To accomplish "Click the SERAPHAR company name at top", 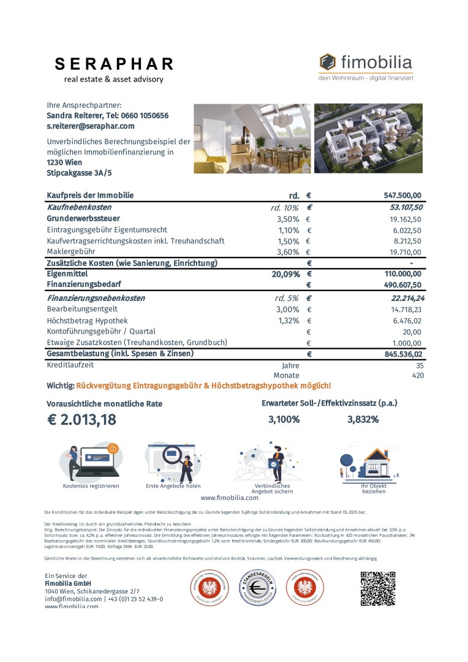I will [114, 64].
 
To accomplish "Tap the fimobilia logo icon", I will [328, 62].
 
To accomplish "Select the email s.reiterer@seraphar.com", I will [90, 126].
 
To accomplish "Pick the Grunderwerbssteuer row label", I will [83, 218].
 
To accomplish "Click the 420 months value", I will [418, 375].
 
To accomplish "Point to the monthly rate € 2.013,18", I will [81, 420].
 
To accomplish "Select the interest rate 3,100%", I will [284, 420].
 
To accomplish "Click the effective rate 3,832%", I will [363, 420].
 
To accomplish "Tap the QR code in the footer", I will [377, 588].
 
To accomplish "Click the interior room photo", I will [252, 139].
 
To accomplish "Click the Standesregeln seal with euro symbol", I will [257, 589].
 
